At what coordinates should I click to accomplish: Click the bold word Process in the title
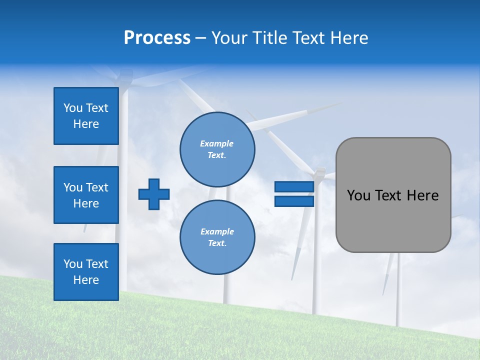157,38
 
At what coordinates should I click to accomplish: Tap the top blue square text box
86,116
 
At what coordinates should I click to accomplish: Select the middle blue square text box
86,195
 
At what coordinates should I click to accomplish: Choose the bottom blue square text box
86,272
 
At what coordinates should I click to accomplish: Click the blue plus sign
154,194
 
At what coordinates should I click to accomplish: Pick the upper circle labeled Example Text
217,149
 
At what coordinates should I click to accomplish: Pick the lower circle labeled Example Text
217,237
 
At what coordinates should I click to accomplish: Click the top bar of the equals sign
294,186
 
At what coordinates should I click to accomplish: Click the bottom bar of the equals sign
294,201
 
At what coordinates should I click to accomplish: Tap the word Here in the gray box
422,195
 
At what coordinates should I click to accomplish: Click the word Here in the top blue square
86,124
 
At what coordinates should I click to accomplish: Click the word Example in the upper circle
217,143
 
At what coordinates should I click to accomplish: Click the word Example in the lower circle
217,231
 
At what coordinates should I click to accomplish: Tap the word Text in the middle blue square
97,187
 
